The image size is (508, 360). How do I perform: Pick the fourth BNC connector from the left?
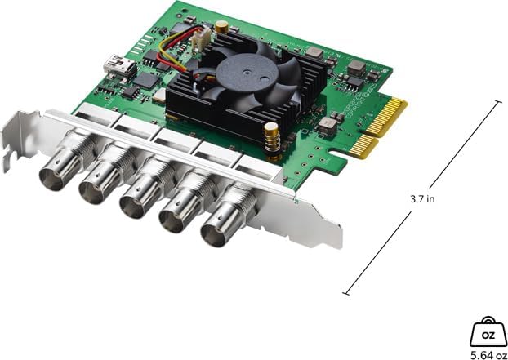[x=178, y=213]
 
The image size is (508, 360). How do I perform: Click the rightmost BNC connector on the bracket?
[x=219, y=228]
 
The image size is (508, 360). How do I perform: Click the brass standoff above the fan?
[x=221, y=28]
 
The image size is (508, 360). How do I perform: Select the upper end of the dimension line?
[x=497, y=101]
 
